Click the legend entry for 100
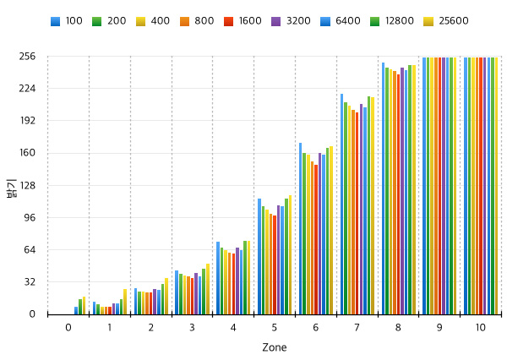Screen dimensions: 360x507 pyautogui.click(x=65, y=21)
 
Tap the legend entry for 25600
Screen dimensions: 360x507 pyautogui.click(x=444, y=21)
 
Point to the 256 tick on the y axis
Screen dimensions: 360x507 pyautogui.click(x=27, y=57)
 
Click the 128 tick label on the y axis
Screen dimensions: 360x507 pyautogui.click(x=27, y=185)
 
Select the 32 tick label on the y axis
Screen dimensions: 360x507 pyautogui.click(x=30, y=281)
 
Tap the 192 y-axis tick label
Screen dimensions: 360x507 pyautogui.click(x=27, y=121)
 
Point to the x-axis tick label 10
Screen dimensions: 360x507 pyautogui.click(x=481, y=326)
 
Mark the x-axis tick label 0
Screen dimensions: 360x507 pyautogui.click(x=68, y=326)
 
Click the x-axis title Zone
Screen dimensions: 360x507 pyautogui.click(x=274, y=347)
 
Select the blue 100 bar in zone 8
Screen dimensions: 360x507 pyautogui.click(x=383, y=188)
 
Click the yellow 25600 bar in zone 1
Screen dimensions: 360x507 pyautogui.click(x=125, y=302)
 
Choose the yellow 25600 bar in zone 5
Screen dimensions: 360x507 pyautogui.click(x=290, y=255)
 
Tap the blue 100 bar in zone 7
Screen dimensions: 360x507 pyautogui.click(x=341, y=204)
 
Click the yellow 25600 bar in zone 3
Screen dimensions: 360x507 pyautogui.click(x=208, y=289)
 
